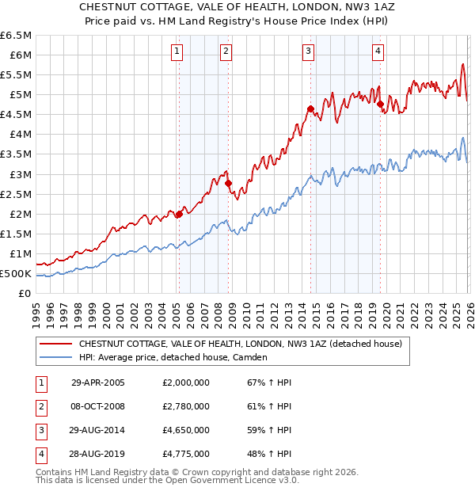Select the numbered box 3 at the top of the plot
(308, 51)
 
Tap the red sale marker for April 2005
(179, 214)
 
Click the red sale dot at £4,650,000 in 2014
(310, 108)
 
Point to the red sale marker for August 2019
(381, 104)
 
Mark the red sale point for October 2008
(228, 183)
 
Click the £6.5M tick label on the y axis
(16, 36)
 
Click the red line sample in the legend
(55, 344)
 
